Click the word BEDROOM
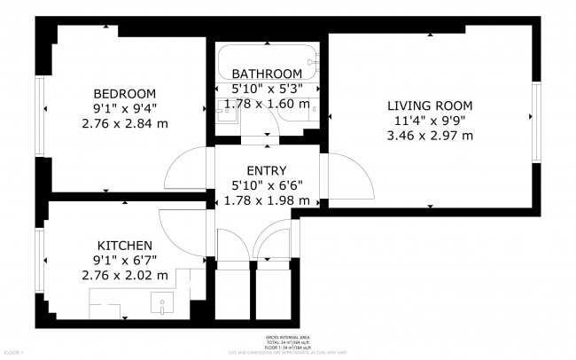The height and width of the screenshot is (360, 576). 125,94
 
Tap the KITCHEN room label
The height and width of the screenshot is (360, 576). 125,246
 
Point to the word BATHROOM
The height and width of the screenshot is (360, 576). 266,74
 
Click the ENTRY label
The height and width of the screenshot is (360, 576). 266,170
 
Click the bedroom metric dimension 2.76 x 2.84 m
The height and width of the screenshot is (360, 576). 125,123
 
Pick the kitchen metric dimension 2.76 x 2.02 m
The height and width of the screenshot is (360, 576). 125,276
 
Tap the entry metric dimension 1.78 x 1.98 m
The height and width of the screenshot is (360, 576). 266,200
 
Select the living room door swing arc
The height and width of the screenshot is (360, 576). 348,177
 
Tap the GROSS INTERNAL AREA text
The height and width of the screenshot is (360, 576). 287,338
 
